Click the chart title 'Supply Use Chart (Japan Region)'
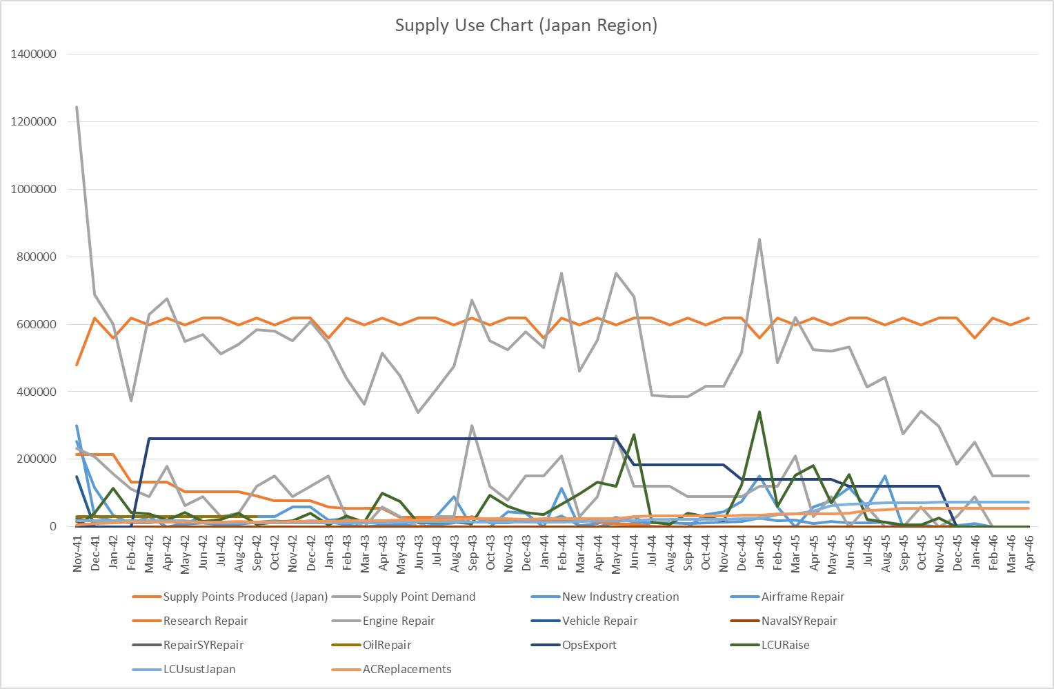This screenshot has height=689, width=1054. tap(526, 26)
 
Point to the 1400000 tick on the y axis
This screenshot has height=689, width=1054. tap(34, 54)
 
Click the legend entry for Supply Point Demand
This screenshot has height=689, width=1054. tap(419, 597)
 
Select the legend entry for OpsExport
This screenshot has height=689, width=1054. tap(589, 645)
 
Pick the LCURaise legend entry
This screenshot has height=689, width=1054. tap(785, 645)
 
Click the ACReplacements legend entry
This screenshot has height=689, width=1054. tap(407, 669)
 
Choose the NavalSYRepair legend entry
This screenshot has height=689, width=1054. tap(799, 621)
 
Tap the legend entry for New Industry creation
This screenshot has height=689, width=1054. tap(620, 597)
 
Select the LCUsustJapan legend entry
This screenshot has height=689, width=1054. tap(199, 669)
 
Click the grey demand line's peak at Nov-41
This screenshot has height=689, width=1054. tap(77, 107)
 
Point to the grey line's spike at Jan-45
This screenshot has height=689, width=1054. tap(759, 239)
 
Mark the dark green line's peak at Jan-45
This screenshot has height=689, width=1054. tap(759, 412)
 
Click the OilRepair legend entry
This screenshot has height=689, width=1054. tap(386, 645)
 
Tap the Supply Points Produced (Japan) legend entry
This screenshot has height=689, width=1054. tap(245, 597)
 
